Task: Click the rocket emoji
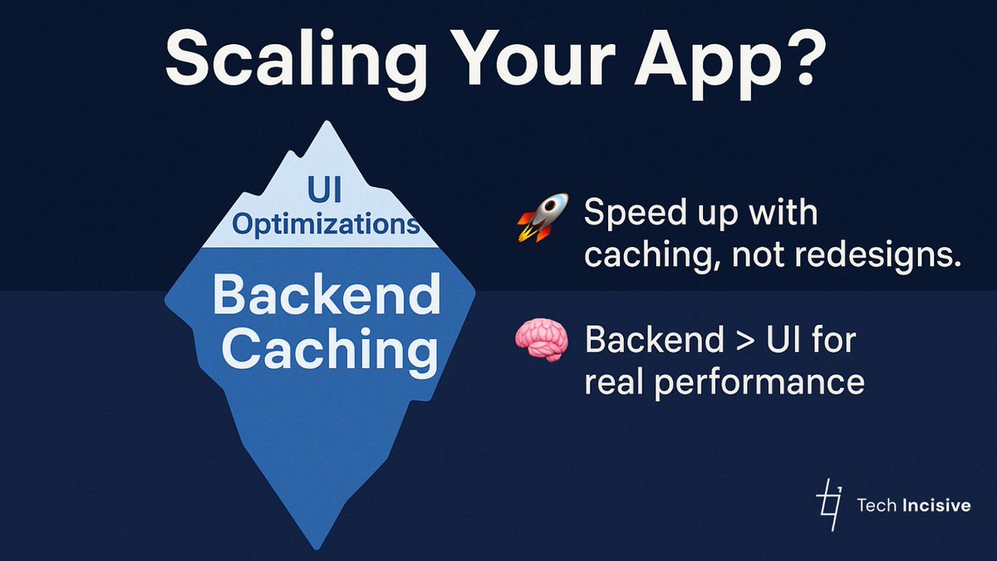pos(543,218)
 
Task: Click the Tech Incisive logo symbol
pos(828,504)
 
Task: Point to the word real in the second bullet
pos(614,383)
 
